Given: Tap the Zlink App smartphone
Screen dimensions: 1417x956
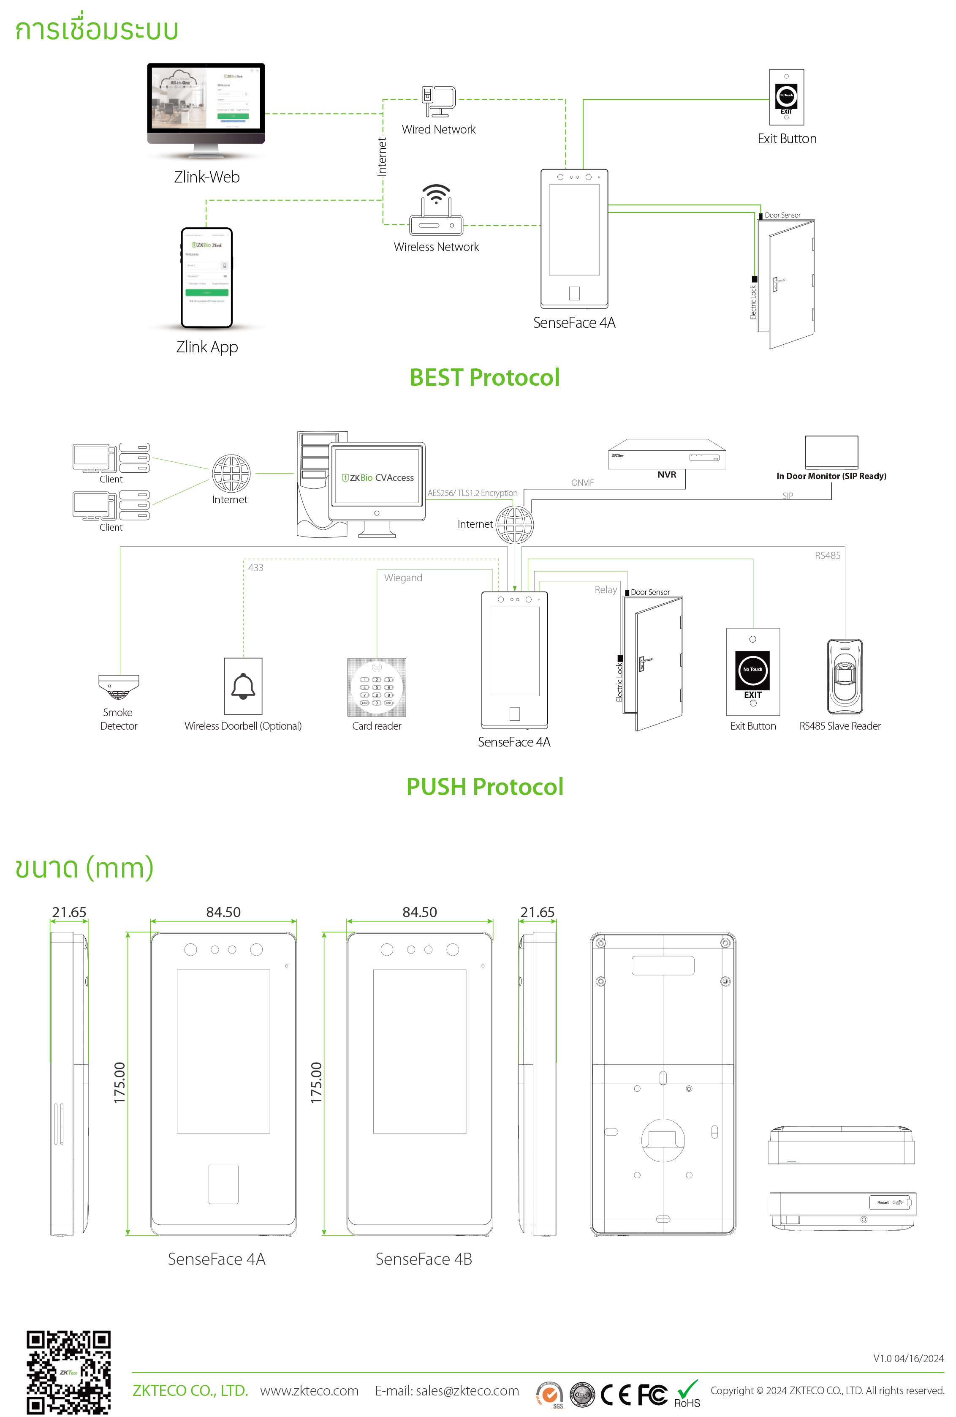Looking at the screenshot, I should [206, 278].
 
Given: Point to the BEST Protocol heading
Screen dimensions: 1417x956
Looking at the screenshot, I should [484, 377].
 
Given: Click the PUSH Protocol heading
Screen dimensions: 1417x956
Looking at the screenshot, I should [484, 787].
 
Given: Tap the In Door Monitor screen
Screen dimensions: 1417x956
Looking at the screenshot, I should [831, 452].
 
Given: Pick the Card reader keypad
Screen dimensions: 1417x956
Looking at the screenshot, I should [377, 687].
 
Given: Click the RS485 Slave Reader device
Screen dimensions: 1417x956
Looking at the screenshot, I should [845, 676].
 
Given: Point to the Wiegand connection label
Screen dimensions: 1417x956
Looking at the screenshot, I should [403, 578].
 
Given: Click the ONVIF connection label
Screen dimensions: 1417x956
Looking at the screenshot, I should [582, 483].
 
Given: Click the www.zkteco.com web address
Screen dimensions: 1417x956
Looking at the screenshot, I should [309, 1391].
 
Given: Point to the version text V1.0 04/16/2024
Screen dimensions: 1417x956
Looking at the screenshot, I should [908, 1358].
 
